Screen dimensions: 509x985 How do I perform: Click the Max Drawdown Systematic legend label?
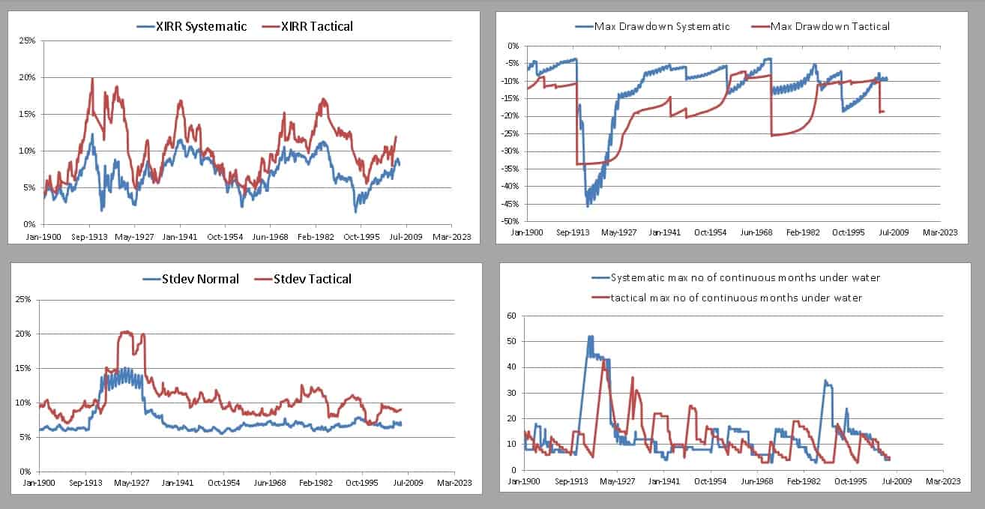click(x=662, y=26)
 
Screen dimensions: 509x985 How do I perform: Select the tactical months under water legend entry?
click(x=735, y=298)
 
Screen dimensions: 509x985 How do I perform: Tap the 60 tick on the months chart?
click(x=512, y=316)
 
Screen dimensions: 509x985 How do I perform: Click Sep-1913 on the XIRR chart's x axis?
click(x=89, y=236)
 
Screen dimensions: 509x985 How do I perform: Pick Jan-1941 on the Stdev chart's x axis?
click(x=179, y=484)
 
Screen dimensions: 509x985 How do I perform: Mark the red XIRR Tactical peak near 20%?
click(x=92, y=79)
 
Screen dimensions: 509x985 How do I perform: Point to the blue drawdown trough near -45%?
click(x=588, y=205)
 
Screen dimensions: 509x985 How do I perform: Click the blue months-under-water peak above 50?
click(x=590, y=337)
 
